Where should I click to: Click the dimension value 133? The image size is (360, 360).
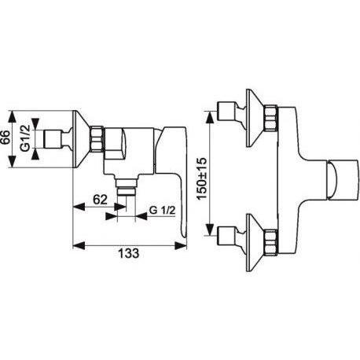[129, 253]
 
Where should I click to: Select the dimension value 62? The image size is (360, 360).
[100, 200]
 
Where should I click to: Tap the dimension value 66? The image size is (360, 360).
[6, 137]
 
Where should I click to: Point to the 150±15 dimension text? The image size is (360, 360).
[202, 178]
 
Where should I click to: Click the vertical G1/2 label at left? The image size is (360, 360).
[25, 138]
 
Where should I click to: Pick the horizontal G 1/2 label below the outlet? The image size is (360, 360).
[162, 210]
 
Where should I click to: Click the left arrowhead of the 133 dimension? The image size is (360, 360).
[79, 245]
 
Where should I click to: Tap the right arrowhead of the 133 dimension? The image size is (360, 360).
[181, 245]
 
